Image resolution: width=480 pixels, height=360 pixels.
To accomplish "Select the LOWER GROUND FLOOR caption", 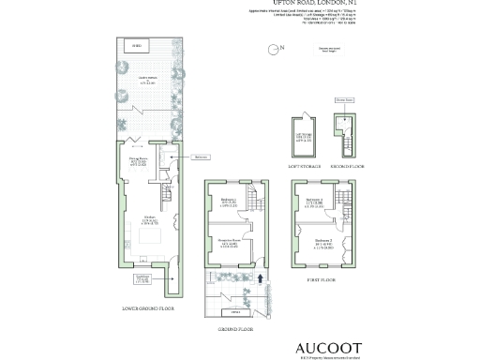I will [149, 307].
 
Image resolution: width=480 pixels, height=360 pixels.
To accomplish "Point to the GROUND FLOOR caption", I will [233, 329].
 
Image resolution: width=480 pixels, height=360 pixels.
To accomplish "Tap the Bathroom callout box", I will [200, 157].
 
